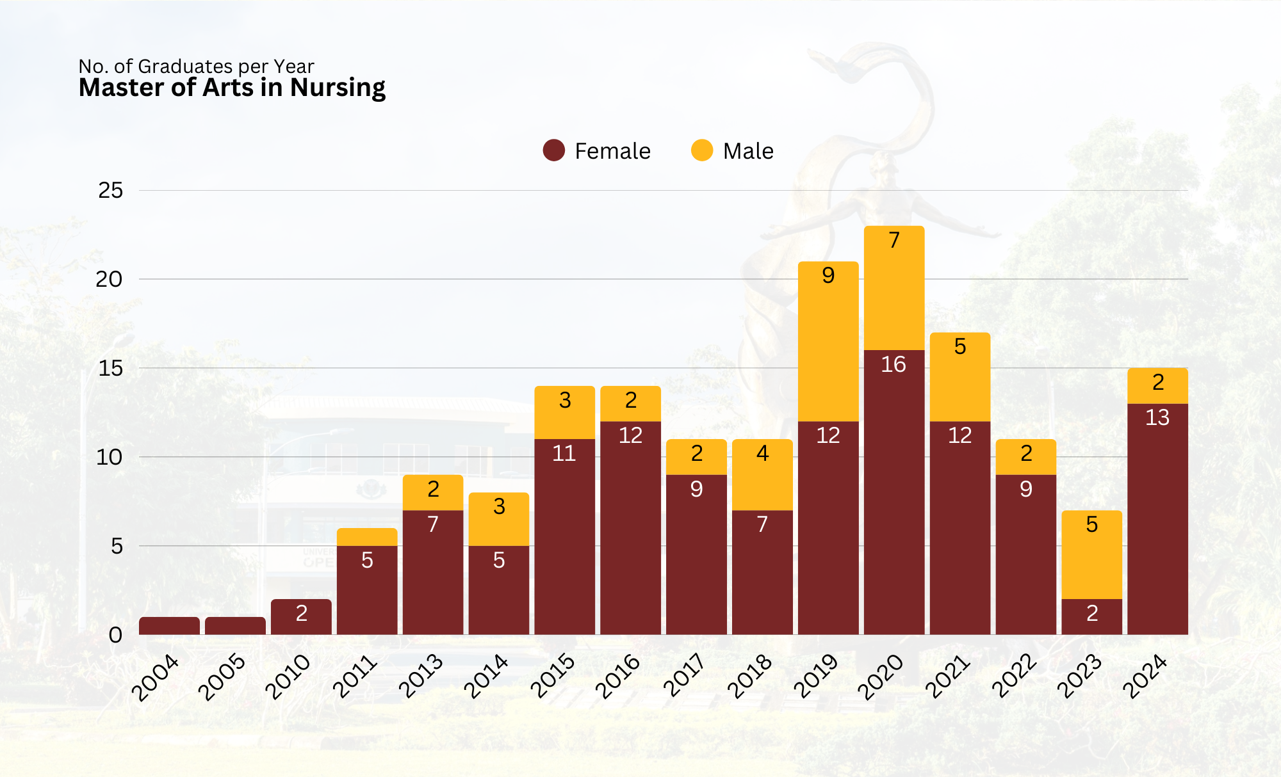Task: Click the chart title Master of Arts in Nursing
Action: point(232,88)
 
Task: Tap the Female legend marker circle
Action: point(553,150)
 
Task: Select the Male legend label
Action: point(748,151)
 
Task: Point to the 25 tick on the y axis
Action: point(110,190)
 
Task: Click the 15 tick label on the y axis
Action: point(110,368)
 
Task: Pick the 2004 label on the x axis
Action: point(156,677)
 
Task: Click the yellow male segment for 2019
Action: point(828,341)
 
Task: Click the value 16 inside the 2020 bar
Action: point(893,364)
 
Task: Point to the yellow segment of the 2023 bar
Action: point(1091,554)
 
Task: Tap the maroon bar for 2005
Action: point(235,625)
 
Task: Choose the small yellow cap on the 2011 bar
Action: point(367,536)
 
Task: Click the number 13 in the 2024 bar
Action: point(1157,417)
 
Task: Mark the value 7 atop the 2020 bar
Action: point(894,240)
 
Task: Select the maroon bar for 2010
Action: point(301,617)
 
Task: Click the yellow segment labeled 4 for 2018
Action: point(762,474)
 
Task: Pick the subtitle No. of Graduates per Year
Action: point(196,66)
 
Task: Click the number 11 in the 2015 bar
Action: point(564,453)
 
